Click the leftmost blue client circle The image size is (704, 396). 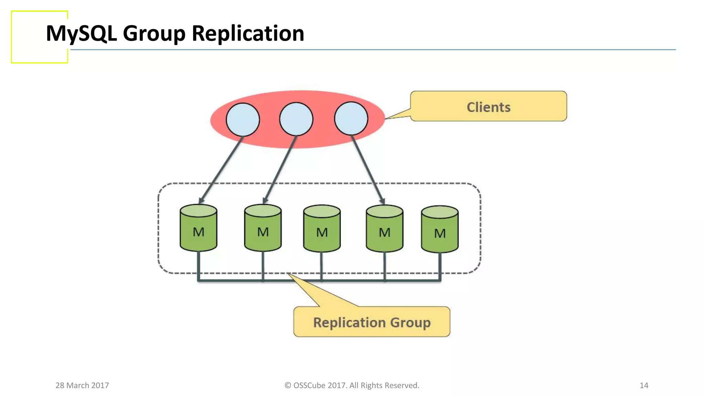point(243,120)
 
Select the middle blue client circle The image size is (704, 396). point(296,119)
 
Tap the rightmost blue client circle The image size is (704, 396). point(351,118)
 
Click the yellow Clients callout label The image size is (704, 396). point(488,107)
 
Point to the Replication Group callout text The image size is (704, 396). point(372,322)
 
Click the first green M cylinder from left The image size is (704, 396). point(198,228)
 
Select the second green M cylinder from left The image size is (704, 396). point(263,228)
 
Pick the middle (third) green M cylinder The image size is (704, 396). point(322,229)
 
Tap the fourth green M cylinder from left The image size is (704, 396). point(384,229)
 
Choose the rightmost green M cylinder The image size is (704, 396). point(440,230)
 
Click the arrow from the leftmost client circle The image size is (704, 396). point(221,169)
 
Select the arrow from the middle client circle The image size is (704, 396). point(279,169)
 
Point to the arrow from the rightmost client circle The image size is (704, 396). point(367,169)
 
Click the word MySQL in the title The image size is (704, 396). point(81,33)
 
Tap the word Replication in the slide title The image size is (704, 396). point(247,33)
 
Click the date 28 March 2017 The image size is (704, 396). point(82,385)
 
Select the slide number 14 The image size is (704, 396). point(644,385)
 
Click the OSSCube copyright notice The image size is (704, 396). point(352,385)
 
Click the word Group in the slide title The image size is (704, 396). point(154,33)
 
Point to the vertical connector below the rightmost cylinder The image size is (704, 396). point(440,266)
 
